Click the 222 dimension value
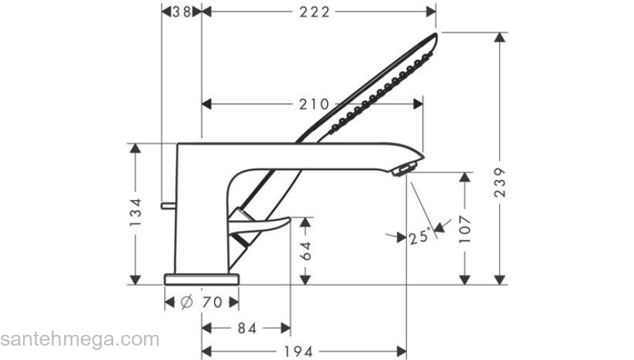pyautogui.click(x=314, y=12)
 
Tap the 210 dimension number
pyautogui.click(x=314, y=104)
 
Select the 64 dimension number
pyautogui.click(x=306, y=251)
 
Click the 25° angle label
pyautogui.click(x=420, y=235)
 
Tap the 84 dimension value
pyautogui.click(x=246, y=328)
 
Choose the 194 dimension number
pyautogui.click(x=298, y=351)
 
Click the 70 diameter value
pyautogui.click(x=211, y=302)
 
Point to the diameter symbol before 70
pyautogui.click(x=186, y=302)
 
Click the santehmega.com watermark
pyautogui.click(x=79, y=338)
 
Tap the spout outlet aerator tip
pyautogui.click(x=405, y=169)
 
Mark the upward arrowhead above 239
pyautogui.click(x=500, y=37)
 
